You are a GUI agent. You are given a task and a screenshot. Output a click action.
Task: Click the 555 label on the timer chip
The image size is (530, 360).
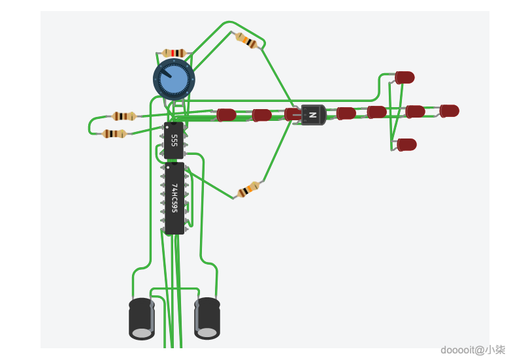[x=174, y=140]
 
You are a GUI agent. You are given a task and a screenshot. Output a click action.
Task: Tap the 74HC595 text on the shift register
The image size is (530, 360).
[x=174, y=198]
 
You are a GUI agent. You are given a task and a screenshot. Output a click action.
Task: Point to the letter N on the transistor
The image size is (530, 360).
[x=313, y=116]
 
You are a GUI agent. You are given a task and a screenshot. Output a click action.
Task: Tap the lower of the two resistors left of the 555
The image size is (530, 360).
[x=114, y=134]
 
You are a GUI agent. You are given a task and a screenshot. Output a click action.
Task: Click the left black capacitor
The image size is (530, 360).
[x=142, y=318]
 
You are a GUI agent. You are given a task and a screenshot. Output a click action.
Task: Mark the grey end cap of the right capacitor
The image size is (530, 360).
[x=207, y=333]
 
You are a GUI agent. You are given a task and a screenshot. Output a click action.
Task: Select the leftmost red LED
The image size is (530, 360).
[x=227, y=115]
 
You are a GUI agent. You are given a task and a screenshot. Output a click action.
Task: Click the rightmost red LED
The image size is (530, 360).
[x=450, y=110]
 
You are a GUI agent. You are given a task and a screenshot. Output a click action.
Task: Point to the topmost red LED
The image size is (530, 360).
[x=405, y=77]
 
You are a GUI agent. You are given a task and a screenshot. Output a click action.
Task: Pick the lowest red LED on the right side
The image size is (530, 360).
[x=406, y=144]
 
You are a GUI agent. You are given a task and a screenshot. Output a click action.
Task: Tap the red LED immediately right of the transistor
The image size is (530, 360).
[x=346, y=113]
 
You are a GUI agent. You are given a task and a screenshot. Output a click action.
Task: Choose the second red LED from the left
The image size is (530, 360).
[x=261, y=115]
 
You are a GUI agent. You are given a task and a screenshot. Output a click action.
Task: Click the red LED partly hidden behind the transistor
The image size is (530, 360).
[x=293, y=114]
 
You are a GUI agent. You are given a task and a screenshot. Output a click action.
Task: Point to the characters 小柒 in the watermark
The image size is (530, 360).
[x=496, y=350]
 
